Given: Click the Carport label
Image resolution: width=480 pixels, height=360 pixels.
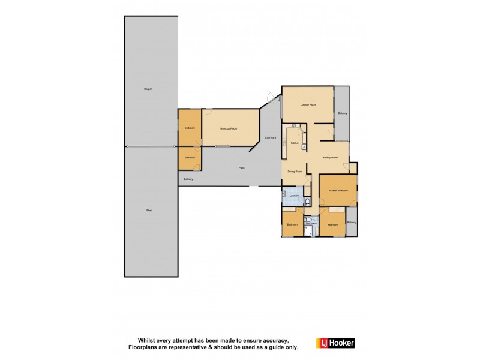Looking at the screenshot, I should point(148,89).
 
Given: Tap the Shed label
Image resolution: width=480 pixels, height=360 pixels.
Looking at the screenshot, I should point(148,210).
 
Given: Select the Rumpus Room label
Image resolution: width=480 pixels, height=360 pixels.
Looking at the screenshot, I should point(226,128).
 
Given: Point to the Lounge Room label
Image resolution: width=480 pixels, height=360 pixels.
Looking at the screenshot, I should point(308,105).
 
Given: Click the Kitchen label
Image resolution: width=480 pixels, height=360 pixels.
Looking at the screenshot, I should point(295,143).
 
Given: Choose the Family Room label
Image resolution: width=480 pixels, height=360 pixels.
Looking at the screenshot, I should point(331,158).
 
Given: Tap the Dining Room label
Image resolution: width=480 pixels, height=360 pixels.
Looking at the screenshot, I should point(295,172).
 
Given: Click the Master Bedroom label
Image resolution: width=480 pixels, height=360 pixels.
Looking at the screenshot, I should point(338,190).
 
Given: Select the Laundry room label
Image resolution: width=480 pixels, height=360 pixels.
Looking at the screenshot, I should point(294,196).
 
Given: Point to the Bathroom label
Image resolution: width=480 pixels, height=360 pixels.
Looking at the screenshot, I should point(310,223).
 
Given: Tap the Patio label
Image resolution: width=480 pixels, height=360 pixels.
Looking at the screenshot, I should point(242,167).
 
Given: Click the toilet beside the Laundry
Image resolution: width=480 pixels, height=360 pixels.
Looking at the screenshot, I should point(307,201).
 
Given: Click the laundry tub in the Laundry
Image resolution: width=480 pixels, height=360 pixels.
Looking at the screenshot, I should point(284,193).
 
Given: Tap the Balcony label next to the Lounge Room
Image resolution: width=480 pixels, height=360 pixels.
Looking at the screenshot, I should point(343,113).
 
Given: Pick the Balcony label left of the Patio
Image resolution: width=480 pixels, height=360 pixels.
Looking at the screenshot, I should point(188,179).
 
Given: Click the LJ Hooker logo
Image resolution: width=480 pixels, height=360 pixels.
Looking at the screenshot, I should point(335,343).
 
